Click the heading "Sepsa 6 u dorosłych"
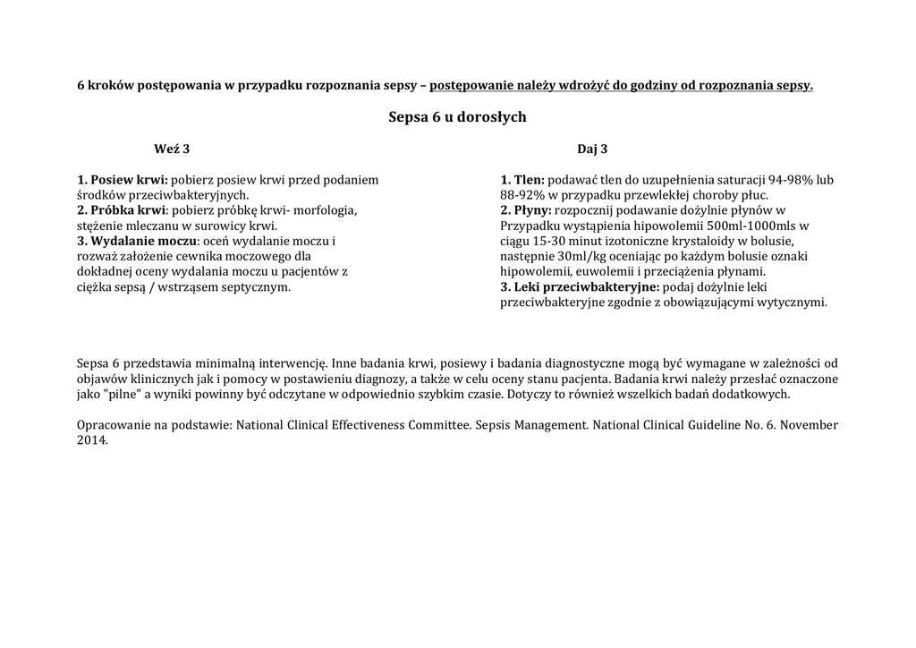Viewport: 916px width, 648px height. click(457, 117)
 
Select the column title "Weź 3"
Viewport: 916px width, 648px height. click(172, 149)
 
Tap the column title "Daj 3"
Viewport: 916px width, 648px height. click(592, 149)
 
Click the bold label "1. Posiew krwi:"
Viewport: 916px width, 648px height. click(123, 180)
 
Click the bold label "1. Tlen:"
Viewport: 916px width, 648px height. click(529, 180)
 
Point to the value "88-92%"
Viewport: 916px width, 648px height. click(523, 195)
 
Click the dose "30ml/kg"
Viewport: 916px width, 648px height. click(573, 257)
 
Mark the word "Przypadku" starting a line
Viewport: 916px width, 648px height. click(530, 226)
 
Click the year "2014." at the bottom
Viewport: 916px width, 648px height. click(93, 440)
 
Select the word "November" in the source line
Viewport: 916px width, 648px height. click(809, 425)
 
